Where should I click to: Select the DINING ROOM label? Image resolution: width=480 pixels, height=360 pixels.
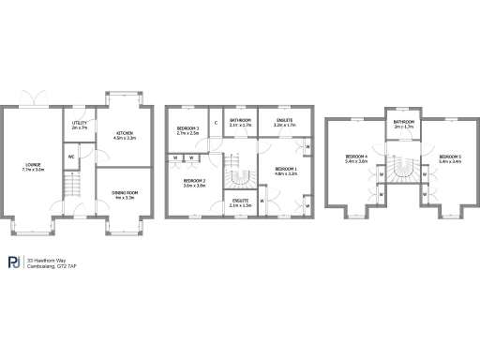point(125,195)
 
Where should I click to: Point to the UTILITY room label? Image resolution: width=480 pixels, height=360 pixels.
point(80,125)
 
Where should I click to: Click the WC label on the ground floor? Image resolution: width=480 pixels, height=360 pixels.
point(71,156)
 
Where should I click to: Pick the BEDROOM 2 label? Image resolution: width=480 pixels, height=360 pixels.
point(194,183)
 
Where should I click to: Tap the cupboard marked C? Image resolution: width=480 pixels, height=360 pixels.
point(216,123)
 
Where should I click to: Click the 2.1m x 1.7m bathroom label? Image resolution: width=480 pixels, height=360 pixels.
point(239,123)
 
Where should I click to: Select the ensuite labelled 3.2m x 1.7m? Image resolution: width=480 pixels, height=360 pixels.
point(285,123)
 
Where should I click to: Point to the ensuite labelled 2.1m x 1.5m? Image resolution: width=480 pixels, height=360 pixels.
point(240,202)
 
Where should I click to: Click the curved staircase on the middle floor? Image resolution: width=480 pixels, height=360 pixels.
point(237,174)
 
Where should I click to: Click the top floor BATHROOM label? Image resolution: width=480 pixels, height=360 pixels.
point(404,124)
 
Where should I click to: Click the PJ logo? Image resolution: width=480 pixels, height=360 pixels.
point(14,262)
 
